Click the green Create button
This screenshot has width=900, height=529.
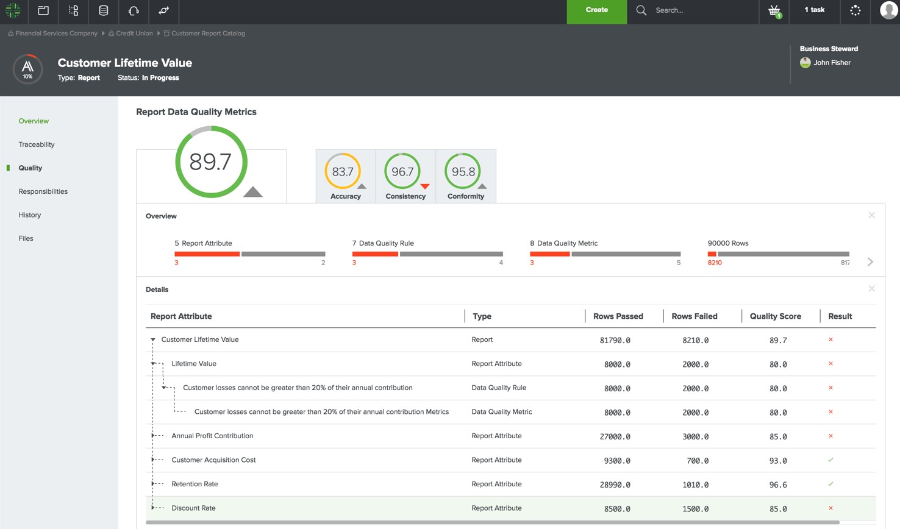(x=596, y=10)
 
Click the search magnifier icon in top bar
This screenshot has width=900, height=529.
(x=641, y=10)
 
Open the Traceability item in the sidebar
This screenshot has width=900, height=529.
(x=37, y=144)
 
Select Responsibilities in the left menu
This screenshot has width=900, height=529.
(x=43, y=191)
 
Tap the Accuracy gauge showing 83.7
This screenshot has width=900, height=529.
(x=343, y=172)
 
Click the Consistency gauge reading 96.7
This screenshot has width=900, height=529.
(x=403, y=172)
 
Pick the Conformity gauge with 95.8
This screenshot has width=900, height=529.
(x=463, y=172)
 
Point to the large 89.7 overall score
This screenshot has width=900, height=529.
(x=210, y=162)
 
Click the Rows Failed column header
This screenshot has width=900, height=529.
(x=694, y=316)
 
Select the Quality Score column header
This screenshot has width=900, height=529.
(x=775, y=316)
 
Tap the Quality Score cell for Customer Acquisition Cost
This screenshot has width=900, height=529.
(x=777, y=461)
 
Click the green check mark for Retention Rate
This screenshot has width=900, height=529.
(x=830, y=484)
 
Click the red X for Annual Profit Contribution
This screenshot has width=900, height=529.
(x=830, y=436)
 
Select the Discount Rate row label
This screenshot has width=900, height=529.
(x=193, y=508)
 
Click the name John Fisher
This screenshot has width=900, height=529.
(x=832, y=63)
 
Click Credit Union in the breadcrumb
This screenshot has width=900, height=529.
(x=134, y=34)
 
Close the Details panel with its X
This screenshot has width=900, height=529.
(x=871, y=289)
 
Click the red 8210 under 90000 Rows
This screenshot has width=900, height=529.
(x=715, y=263)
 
